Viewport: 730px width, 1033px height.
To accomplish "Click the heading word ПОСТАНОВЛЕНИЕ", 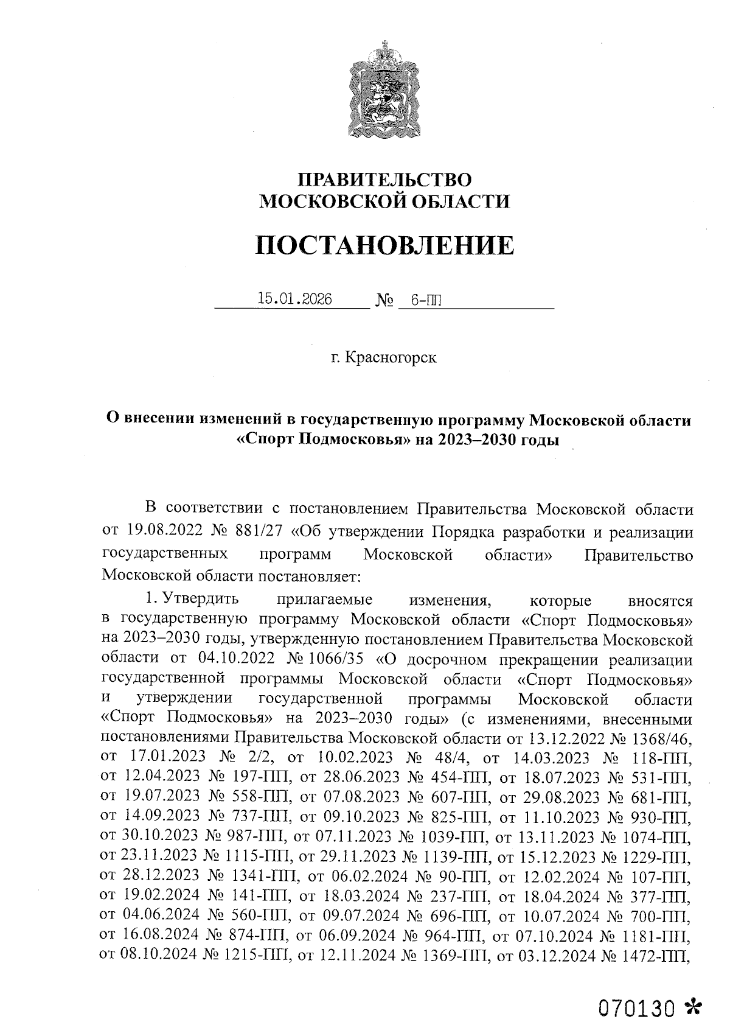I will (384, 245).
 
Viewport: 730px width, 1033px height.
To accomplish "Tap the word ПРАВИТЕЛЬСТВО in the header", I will (384, 180).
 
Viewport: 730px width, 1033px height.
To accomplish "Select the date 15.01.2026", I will (294, 299).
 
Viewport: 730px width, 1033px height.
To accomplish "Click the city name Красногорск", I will (391, 358).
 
